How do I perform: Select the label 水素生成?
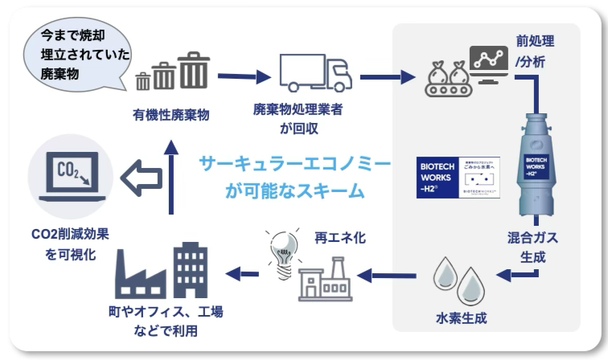458,317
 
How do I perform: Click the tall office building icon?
191,269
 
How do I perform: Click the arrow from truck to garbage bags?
391,77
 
